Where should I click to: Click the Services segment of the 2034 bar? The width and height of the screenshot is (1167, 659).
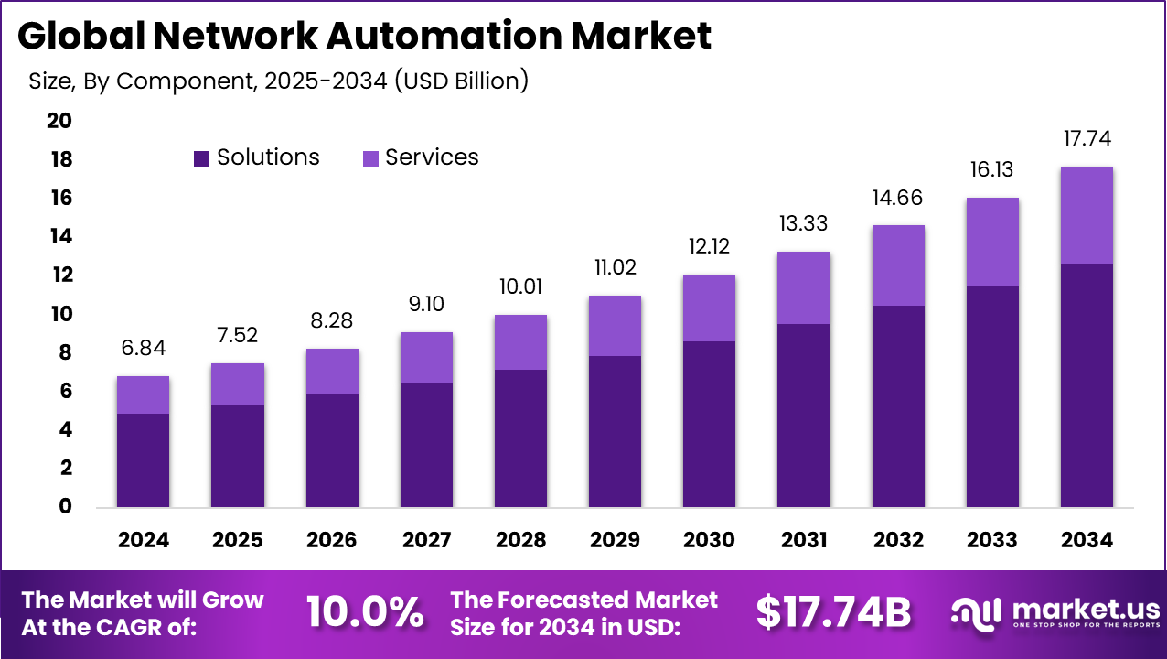pos(1086,215)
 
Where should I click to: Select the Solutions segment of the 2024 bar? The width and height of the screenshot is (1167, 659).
pos(143,460)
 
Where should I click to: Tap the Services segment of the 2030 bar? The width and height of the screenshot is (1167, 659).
pos(708,308)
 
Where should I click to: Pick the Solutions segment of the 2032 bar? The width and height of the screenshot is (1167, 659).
pos(898,406)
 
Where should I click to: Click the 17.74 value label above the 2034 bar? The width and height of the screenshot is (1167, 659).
pos(1086,138)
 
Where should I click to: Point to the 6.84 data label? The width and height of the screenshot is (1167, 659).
pos(143,349)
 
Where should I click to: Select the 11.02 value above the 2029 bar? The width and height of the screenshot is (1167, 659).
pos(614,268)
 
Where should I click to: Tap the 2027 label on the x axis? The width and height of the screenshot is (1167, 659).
pos(425,540)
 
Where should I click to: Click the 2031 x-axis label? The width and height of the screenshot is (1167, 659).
pos(803,540)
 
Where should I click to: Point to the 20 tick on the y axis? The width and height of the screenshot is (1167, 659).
pos(59,121)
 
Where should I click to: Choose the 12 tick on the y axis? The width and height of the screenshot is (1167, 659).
pos(59,275)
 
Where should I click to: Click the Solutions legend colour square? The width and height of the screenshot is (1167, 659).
pos(202,158)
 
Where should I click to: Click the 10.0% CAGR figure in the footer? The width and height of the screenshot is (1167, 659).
pos(365,612)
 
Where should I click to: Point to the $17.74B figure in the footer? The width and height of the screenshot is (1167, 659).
pos(833,612)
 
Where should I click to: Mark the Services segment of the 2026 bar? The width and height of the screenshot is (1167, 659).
pos(331,371)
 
